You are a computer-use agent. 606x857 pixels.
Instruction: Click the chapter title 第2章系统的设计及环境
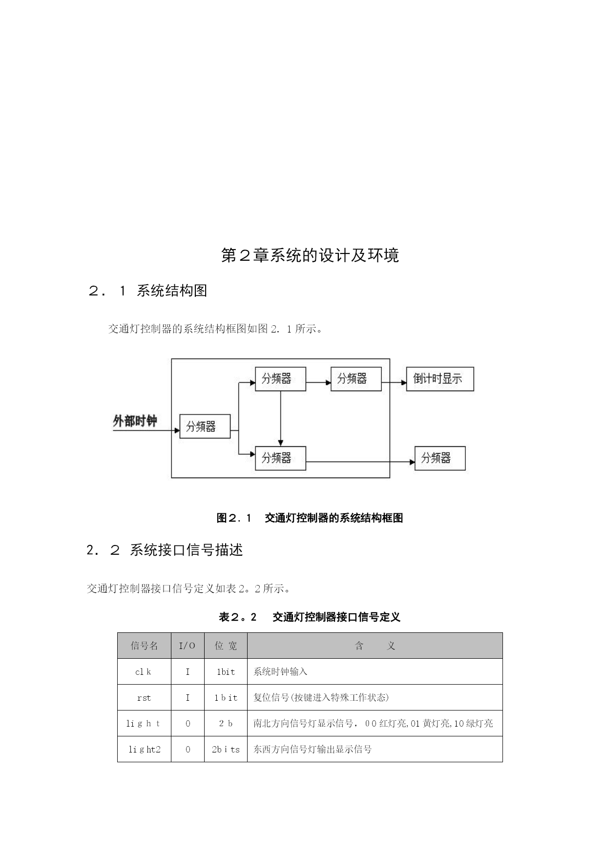310,255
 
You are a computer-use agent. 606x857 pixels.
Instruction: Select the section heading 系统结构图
172,291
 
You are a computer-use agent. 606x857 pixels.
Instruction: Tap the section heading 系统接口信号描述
186,550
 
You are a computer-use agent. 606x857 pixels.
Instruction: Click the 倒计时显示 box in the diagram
439,379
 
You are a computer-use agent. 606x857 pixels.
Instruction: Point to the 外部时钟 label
135,421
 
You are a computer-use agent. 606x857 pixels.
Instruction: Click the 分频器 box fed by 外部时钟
205,426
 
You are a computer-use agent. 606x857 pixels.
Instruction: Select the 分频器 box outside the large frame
439,458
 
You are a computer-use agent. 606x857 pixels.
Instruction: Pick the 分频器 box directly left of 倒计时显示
355,379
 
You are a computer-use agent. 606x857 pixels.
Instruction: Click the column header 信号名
144,646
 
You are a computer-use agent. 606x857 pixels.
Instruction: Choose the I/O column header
188,646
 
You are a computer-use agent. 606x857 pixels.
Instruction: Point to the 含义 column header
375,646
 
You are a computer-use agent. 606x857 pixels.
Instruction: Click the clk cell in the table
144,672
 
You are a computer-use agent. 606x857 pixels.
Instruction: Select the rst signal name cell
144,698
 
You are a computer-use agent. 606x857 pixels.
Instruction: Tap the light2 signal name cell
144,750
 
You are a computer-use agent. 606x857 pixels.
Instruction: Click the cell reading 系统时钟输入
280,672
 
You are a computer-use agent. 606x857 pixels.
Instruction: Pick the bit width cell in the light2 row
226,750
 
